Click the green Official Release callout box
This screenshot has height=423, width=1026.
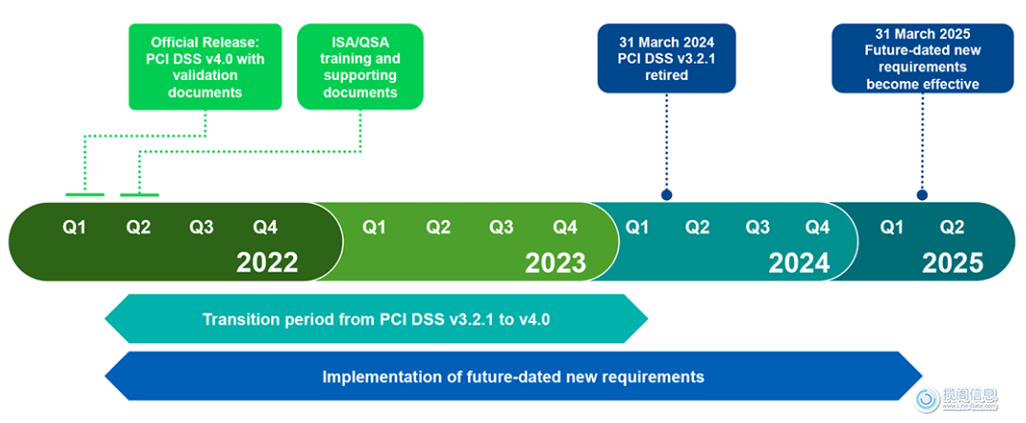(205, 67)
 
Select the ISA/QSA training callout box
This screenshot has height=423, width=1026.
(360, 67)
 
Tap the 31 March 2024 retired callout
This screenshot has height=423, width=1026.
(666, 58)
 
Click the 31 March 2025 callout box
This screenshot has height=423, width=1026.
(922, 58)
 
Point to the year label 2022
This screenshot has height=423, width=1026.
(266, 262)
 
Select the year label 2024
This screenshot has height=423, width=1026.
(799, 262)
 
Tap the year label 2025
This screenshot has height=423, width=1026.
(952, 262)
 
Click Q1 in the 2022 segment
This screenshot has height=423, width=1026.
(74, 228)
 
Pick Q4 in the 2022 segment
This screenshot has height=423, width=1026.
(265, 228)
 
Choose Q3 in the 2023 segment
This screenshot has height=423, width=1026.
(502, 228)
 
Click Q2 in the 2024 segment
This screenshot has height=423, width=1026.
(698, 228)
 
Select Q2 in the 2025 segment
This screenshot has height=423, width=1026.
(952, 228)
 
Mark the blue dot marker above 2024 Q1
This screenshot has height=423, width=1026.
(666, 194)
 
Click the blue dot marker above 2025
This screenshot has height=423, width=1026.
(921, 194)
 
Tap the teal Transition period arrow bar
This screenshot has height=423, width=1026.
(376, 319)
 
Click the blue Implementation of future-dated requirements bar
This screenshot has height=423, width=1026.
(513, 376)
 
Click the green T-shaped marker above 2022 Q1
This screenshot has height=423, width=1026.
(84, 194)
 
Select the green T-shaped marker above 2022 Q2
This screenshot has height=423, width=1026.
(139, 195)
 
